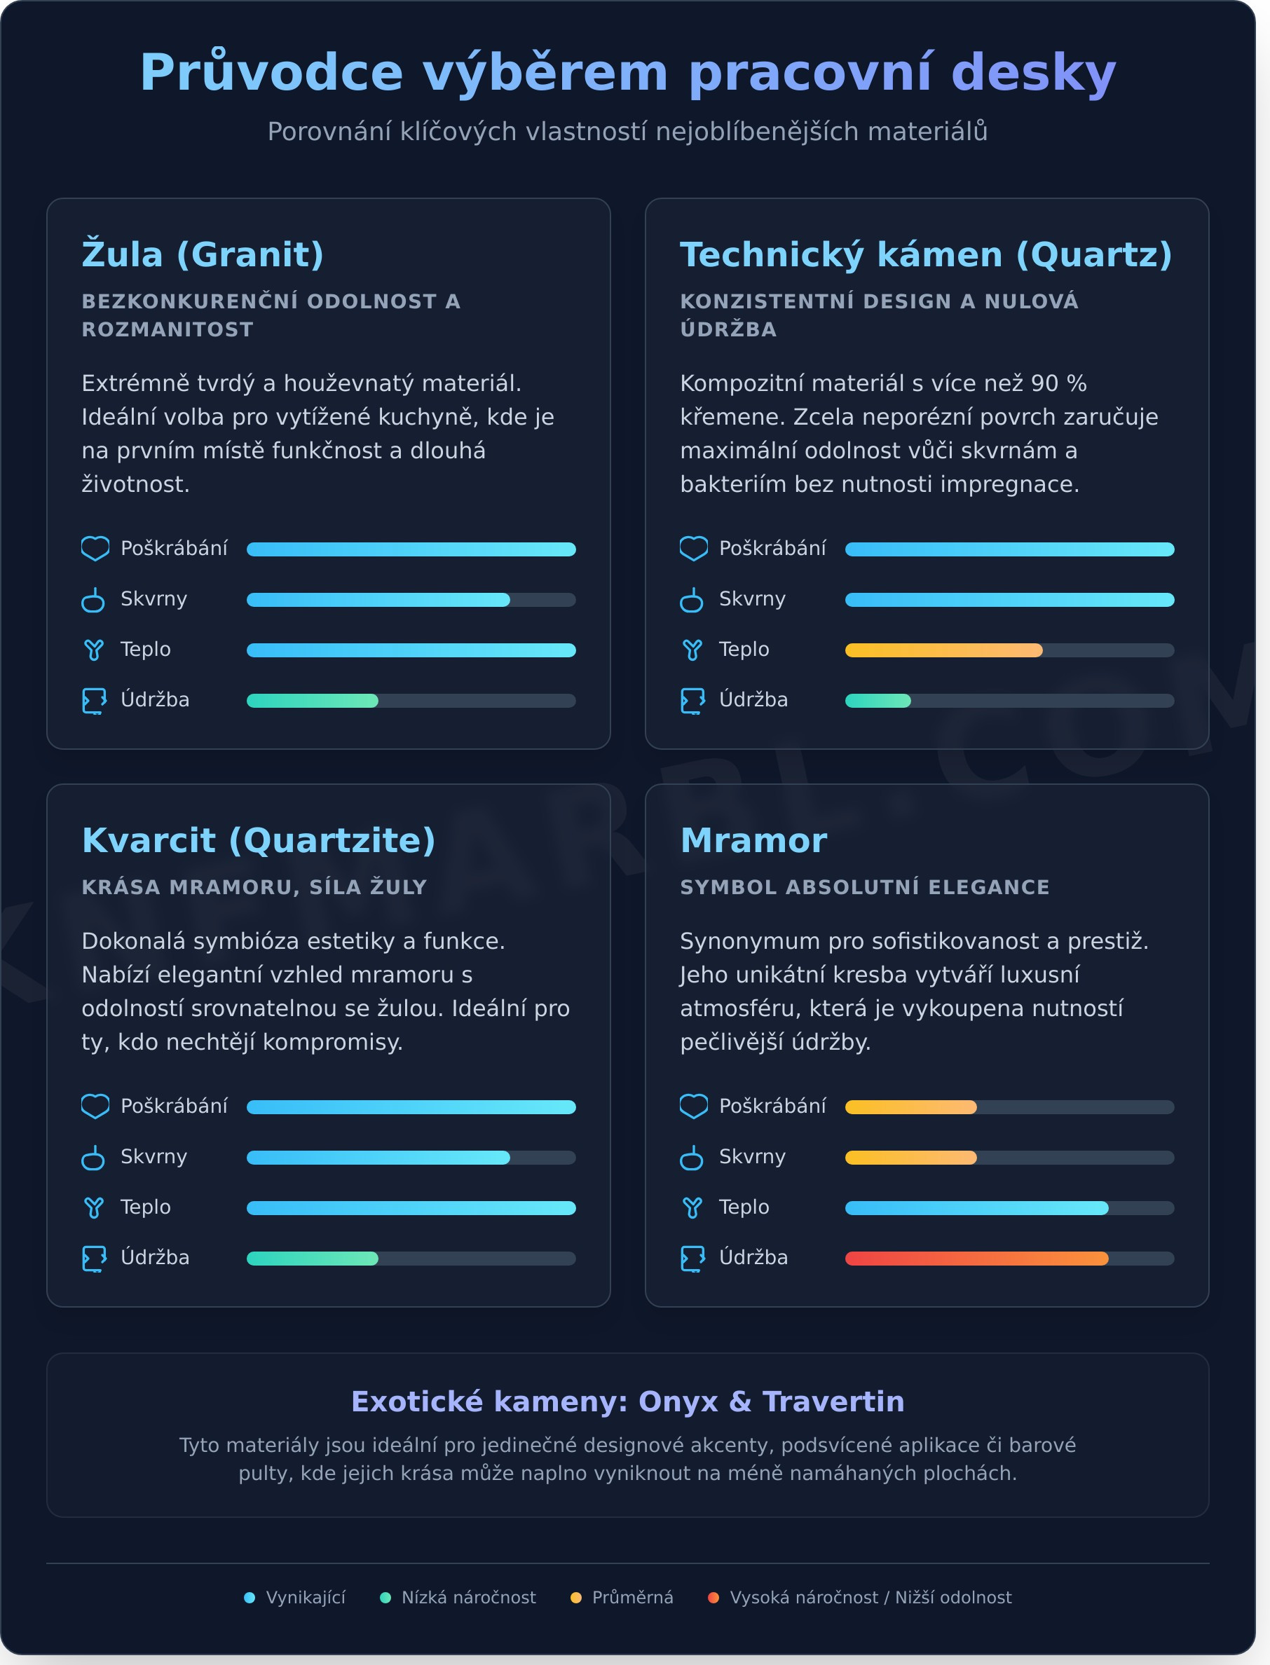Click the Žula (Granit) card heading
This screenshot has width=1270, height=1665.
203,254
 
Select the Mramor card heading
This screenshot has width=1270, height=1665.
753,840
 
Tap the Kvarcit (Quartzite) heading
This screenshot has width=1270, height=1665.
259,840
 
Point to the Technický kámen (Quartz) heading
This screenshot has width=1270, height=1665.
926,254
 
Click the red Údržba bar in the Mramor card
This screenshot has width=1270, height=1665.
976,1259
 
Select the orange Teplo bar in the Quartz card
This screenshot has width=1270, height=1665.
943,650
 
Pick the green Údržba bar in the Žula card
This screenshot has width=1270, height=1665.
312,701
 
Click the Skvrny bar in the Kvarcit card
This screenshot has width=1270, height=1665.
378,1157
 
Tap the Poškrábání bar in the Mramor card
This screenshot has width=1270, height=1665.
910,1107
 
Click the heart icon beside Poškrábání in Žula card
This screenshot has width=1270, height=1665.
95,549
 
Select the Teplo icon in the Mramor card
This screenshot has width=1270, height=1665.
692,1207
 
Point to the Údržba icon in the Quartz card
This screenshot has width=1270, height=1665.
692,701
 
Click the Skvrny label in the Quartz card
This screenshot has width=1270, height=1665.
752,598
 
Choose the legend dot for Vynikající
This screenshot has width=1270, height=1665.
250,1598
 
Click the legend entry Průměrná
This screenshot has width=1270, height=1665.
632,1598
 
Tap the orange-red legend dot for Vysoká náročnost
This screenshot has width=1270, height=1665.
713,1598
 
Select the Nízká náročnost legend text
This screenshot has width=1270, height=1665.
468,1598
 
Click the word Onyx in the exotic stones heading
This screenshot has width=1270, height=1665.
678,1402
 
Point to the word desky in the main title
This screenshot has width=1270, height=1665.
1033,73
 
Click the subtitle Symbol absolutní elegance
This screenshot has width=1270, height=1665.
864,887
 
